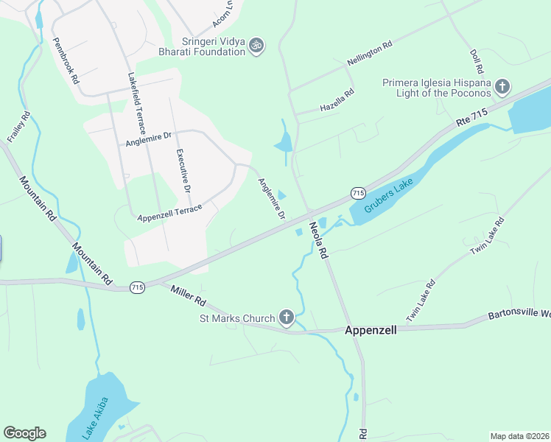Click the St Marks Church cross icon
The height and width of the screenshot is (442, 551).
click(287, 318)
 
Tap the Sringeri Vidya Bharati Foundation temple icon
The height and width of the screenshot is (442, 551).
click(256, 45)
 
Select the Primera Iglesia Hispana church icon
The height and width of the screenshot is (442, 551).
click(501, 88)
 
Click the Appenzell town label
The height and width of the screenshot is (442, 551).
click(371, 331)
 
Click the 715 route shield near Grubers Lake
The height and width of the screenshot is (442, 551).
click(358, 192)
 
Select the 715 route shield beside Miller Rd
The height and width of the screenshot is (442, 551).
click(137, 287)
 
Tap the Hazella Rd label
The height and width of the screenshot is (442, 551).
click(337, 102)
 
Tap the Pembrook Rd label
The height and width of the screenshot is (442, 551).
click(65, 62)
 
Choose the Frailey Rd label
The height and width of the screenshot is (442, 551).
click(18, 126)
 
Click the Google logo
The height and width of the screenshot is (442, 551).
click(24, 433)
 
